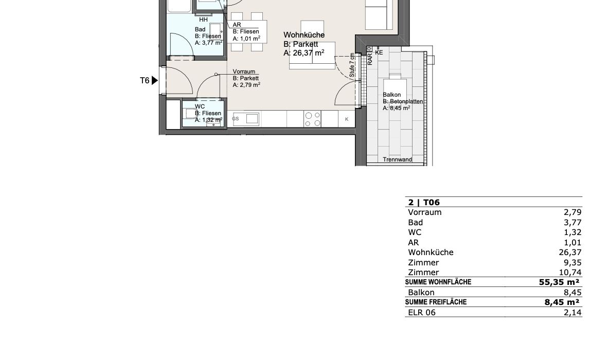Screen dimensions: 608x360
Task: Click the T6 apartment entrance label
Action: [x=144, y=81]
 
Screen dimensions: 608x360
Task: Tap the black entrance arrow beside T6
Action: [x=155, y=81]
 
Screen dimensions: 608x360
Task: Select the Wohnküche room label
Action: [x=304, y=35]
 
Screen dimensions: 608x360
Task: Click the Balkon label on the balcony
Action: [x=391, y=95]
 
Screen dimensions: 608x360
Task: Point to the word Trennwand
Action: [x=398, y=159]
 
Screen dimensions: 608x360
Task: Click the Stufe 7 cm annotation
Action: [x=352, y=65]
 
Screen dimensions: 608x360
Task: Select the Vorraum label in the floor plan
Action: [x=244, y=71]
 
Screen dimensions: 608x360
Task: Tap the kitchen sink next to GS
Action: [x=252, y=119]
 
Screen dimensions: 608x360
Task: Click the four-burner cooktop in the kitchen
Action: [x=313, y=119]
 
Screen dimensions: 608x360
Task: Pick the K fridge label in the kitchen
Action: [x=347, y=119]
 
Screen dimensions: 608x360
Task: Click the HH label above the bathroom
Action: [x=203, y=20]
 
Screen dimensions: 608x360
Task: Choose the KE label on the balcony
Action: [x=379, y=52]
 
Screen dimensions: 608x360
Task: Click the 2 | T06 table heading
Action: [x=424, y=202]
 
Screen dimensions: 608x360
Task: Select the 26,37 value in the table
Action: [x=570, y=253]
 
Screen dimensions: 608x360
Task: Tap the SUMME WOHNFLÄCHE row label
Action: [x=438, y=282]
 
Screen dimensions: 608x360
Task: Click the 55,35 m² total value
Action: [x=559, y=282]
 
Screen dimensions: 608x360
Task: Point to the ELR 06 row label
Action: [x=422, y=312]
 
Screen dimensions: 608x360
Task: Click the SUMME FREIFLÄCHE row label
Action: [x=436, y=302]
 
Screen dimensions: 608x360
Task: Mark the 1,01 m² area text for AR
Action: [x=246, y=39]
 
